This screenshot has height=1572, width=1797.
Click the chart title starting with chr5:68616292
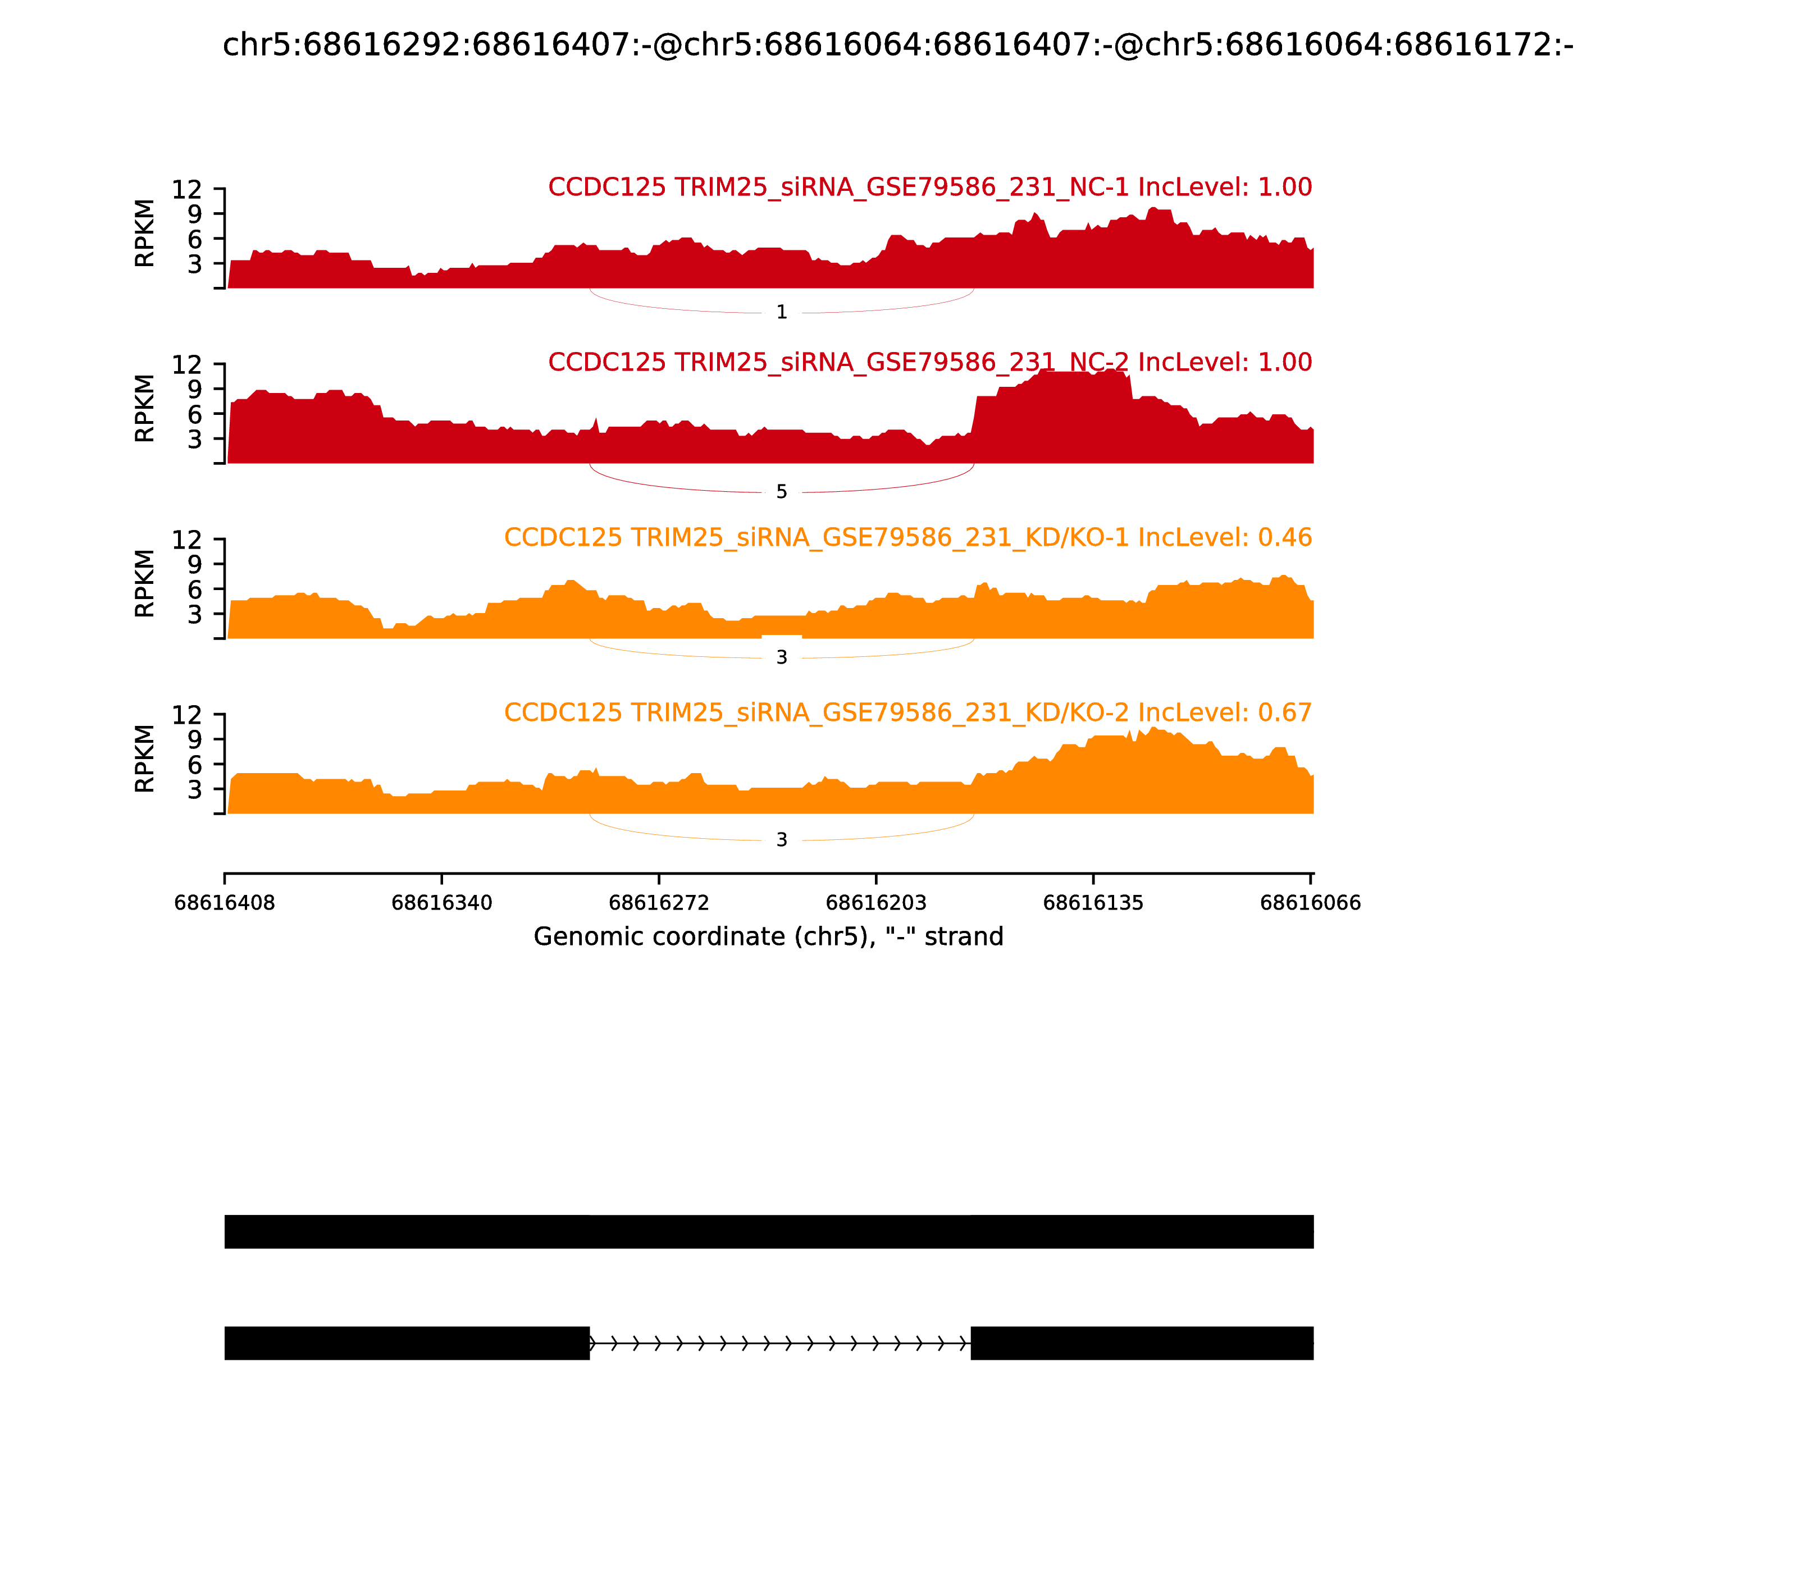[x=897, y=45]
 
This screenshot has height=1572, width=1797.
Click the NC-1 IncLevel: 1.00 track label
[x=929, y=188]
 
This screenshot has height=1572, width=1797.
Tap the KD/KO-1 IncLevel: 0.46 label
[x=907, y=538]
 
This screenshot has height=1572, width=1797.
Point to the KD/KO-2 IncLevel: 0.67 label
[x=907, y=712]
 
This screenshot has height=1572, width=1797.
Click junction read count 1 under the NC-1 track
[x=782, y=312]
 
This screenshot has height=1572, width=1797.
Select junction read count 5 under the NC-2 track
[x=782, y=492]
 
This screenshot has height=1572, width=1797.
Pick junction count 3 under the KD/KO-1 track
[x=782, y=658]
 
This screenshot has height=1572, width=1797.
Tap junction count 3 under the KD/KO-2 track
[x=782, y=840]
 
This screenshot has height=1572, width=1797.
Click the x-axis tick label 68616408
[x=225, y=903]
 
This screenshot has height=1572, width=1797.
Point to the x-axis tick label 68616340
[x=441, y=903]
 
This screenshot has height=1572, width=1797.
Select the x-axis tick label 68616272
[x=659, y=903]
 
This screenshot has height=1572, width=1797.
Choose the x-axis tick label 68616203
[x=875, y=903]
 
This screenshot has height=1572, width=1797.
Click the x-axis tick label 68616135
[x=1093, y=903]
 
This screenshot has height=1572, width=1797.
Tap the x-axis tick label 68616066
[x=1310, y=903]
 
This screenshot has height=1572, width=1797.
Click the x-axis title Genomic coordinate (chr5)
[x=768, y=937]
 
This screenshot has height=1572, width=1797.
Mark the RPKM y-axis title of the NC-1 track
[x=145, y=234]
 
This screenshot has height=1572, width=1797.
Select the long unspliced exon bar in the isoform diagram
[x=769, y=1232]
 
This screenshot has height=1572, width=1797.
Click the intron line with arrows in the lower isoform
[x=780, y=1343]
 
